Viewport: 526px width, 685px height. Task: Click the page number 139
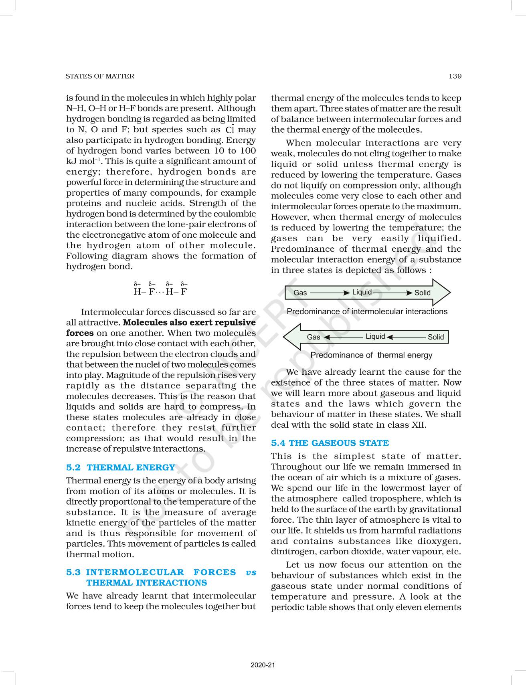point(455,76)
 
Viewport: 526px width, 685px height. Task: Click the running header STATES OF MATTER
point(100,76)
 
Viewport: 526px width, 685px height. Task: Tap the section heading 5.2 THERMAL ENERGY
point(121,467)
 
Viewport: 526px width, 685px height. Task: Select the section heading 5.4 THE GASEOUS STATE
point(330,443)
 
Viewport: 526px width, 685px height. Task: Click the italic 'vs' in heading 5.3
point(251,572)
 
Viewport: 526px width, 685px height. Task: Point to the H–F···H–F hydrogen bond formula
point(160,291)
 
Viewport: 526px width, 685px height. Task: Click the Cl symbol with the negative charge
point(230,129)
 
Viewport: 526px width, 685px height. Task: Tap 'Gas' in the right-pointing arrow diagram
point(300,293)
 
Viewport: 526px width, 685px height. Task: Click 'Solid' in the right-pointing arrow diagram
point(422,293)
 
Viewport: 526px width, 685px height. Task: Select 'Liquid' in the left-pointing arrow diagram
point(375,336)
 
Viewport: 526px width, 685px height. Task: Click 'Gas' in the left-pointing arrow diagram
point(313,337)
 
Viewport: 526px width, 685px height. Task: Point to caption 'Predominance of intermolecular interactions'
point(367,311)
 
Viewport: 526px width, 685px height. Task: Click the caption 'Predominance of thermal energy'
point(371,355)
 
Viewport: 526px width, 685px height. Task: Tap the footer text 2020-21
point(263,665)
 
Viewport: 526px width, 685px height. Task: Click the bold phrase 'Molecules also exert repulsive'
point(189,323)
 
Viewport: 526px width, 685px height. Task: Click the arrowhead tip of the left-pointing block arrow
point(284,337)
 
